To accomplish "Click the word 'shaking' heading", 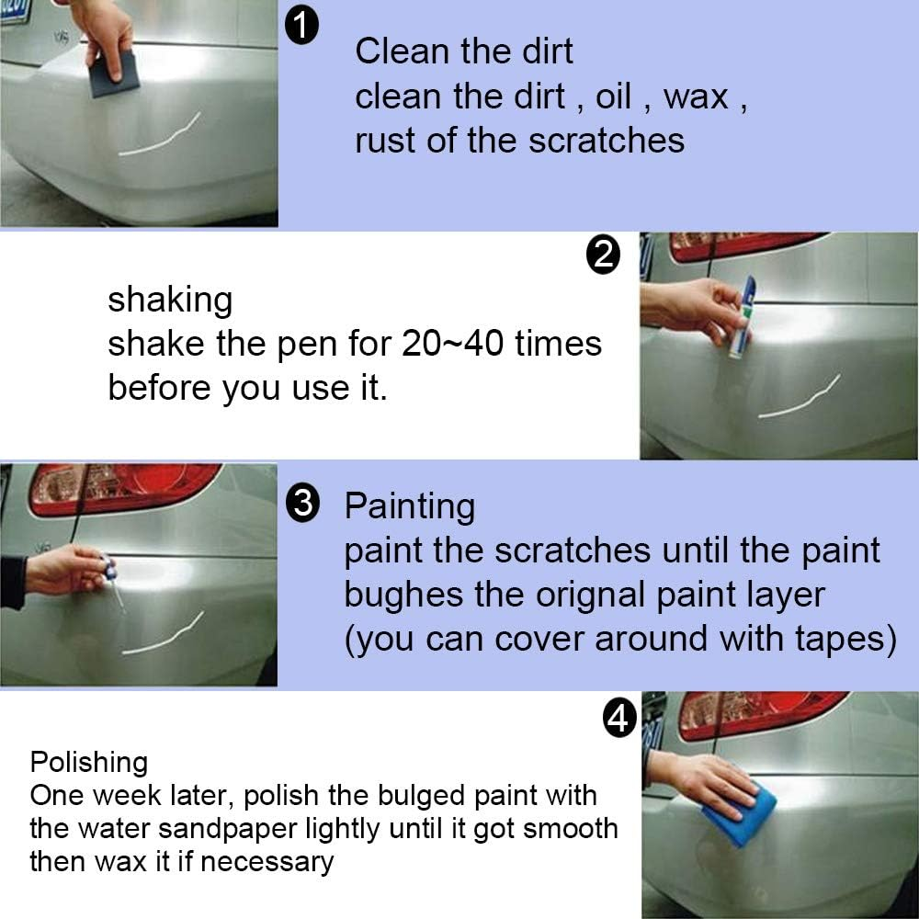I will click(170, 301).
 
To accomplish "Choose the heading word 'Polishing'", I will click(88, 762).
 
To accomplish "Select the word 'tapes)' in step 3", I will click(845, 639).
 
